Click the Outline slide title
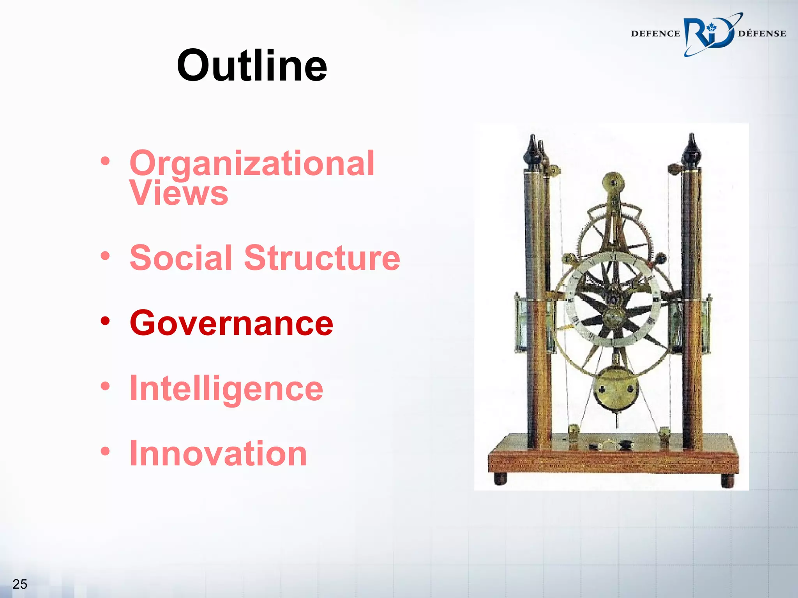pyautogui.click(x=252, y=65)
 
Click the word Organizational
pyautogui.click(x=252, y=164)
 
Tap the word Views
pyautogui.click(x=179, y=193)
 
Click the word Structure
pyautogui.click(x=322, y=258)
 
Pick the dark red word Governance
pyautogui.click(x=231, y=323)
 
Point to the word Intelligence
pyautogui.click(x=226, y=389)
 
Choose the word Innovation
pyautogui.click(x=218, y=453)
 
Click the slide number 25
pyautogui.click(x=19, y=584)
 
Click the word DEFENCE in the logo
pyautogui.click(x=655, y=33)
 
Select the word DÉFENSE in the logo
pyautogui.click(x=762, y=33)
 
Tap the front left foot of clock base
pyautogui.click(x=500, y=479)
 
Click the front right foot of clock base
pyautogui.click(x=727, y=481)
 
